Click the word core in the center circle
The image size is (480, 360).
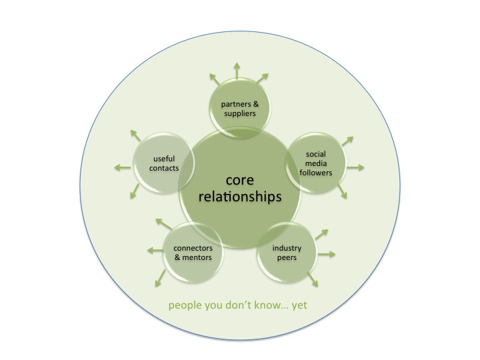pyautogui.click(x=240, y=180)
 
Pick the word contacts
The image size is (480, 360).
pyautogui.click(x=164, y=168)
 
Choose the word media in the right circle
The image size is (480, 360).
pyautogui.click(x=316, y=164)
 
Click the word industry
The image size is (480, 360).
pyautogui.click(x=287, y=247)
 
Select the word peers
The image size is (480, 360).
pyautogui.click(x=287, y=257)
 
